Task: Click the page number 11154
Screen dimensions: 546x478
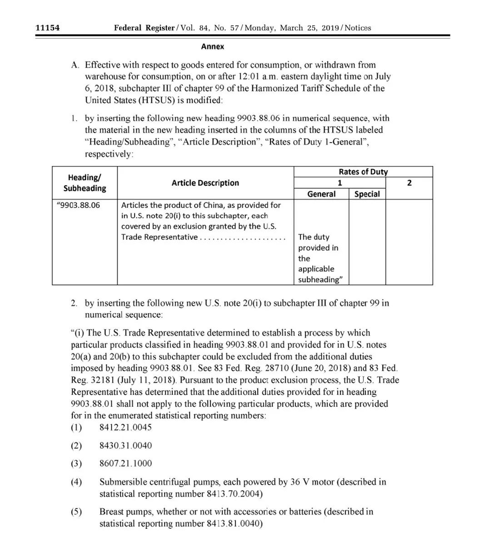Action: tap(48, 28)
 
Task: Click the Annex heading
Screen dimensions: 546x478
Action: tap(213, 46)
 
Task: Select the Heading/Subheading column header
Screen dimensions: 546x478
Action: tap(85, 183)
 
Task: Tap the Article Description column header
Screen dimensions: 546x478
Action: tap(205, 183)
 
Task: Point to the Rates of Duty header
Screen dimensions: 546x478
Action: tap(363, 172)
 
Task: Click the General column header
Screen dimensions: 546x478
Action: tap(321, 194)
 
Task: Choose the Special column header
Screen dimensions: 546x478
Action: tap(367, 194)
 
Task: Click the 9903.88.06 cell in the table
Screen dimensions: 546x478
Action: tap(78, 205)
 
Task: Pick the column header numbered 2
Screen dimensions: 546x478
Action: tap(409, 183)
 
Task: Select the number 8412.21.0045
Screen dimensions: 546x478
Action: tap(125, 428)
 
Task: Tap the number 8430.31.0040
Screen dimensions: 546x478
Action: tap(125, 446)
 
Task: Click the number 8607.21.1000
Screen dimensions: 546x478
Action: tap(125, 463)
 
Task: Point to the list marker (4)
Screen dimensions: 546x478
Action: tap(76, 482)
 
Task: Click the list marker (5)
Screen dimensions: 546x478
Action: tap(76, 512)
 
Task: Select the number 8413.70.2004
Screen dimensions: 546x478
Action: tap(233, 494)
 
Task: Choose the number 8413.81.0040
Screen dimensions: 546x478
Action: tap(233, 524)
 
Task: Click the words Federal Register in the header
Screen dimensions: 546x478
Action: tap(144, 28)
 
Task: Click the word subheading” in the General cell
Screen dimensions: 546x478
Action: tap(319, 280)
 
